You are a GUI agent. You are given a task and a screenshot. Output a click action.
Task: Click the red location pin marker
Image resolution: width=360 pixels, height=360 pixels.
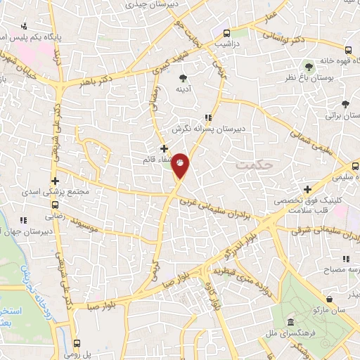click(x=181, y=166)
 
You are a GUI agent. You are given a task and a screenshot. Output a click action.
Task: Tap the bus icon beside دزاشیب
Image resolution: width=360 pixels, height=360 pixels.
click(x=227, y=33)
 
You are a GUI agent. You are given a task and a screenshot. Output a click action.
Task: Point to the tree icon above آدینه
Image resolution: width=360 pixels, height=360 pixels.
click(x=183, y=77)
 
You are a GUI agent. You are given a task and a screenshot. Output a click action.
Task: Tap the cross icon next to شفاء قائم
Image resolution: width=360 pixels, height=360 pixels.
click(x=164, y=148)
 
